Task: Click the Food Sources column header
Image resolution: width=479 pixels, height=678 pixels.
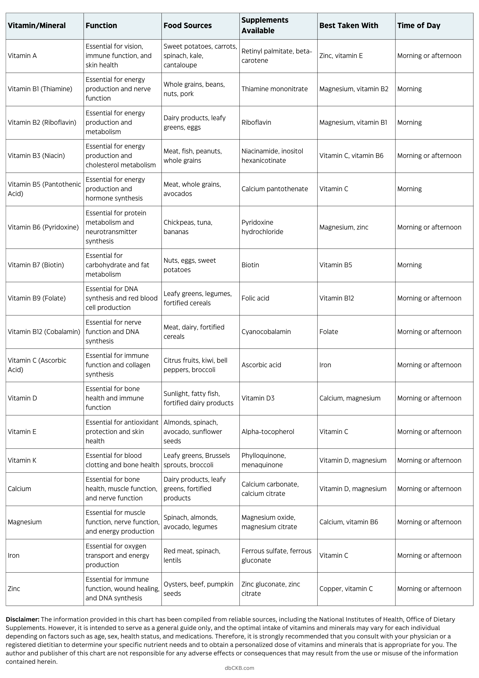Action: [x=187, y=26]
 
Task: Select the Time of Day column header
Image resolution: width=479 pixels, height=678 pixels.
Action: [x=419, y=26]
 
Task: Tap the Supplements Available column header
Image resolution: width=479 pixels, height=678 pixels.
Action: [x=265, y=25]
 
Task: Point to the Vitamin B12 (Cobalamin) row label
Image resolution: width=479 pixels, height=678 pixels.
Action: [x=44, y=332]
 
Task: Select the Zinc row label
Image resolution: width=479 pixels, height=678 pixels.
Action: [x=14, y=589]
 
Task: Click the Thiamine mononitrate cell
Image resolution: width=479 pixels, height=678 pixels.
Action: [x=274, y=89]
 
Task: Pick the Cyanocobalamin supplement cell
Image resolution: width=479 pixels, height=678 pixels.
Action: [x=266, y=332]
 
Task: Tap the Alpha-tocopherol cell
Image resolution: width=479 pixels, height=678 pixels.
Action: [x=268, y=432]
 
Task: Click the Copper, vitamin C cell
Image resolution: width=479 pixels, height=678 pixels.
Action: [x=346, y=589]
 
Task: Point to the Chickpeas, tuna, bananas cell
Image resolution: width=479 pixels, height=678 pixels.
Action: [x=188, y=227]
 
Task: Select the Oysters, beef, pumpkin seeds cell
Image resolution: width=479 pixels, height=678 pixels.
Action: [x=198, y=589]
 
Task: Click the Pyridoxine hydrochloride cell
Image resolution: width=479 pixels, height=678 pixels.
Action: [x=262, y=227]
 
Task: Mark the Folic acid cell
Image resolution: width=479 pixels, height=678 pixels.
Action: [x=255, y=298]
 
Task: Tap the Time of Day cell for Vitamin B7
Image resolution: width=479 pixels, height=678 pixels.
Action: [x=409, y=265]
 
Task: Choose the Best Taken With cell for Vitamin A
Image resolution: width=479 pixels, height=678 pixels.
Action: [x=341, y=56]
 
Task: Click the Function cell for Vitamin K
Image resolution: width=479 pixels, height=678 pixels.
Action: [x=122, y=460]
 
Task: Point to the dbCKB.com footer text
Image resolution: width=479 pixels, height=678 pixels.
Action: [x=239, y=668]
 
